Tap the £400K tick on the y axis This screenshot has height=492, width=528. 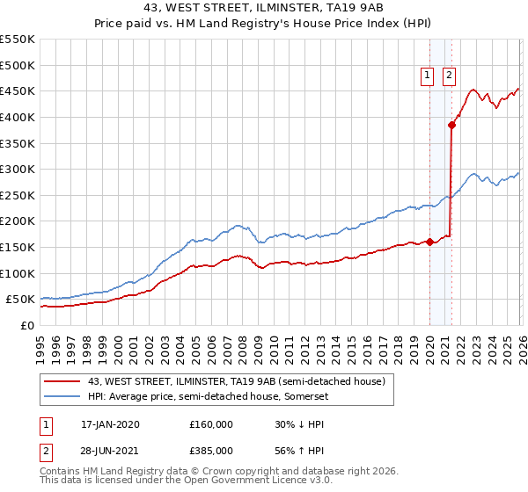(18, 117)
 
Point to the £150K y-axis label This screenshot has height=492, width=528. (18, 247)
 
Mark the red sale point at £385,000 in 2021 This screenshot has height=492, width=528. (451, 125)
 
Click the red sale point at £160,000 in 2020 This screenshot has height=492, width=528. (429, 242)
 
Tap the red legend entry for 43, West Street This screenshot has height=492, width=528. (236, 382)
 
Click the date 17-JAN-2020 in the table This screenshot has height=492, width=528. (110, 424)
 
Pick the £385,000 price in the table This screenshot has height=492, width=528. (210, 451)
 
